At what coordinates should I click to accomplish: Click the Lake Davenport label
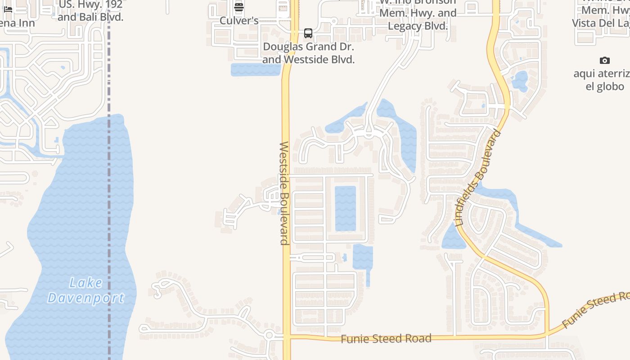click(x=85, y=290)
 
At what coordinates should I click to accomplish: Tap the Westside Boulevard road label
click(x=284, y=193)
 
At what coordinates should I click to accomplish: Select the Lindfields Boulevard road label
click(x=478, y=178)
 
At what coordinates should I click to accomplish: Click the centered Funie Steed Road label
click(x=386, y=338)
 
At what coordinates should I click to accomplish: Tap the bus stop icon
click(x=308, y=33)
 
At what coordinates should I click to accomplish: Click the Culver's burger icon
click(x=239, y=7)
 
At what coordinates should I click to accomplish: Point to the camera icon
click(x=605, y=60)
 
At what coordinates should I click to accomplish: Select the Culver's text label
click(x=239, y=21)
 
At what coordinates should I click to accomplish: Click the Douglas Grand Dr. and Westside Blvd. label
click(x=308, y=53)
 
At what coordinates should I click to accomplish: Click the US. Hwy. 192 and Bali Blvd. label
click(x=90, y=11)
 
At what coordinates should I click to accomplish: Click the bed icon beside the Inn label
click(x=8, y=9)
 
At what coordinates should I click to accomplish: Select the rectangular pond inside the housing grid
click(x=345, y=208)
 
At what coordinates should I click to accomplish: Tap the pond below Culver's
click(x=255, y=70)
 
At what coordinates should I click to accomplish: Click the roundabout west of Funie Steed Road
click(x=269, y=335)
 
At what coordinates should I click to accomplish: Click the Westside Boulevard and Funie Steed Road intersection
click(x=287, y=337)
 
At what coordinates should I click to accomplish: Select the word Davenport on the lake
click(x=85, y=298)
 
